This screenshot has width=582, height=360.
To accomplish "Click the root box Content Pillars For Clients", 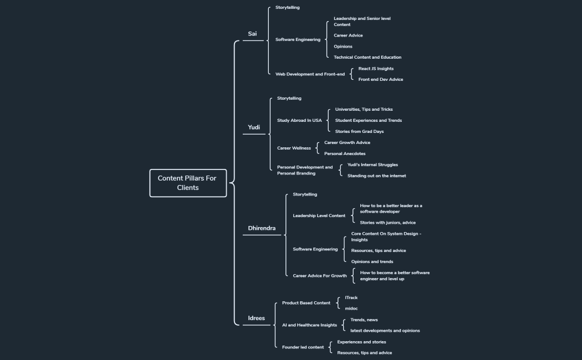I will click(188, 183).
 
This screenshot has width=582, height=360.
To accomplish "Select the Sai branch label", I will click(252, 34).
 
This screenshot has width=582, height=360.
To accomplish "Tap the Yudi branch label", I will click(254, 127).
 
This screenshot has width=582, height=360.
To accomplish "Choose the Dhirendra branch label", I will click(262, 228).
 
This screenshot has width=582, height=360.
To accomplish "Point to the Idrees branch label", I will click(256, 318).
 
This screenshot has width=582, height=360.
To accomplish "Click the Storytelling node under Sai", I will click(288, 8).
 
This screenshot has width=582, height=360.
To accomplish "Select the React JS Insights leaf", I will click(376, 69).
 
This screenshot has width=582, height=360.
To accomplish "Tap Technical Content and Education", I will click(367, 57).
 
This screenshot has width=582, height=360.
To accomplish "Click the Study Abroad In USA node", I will click(299, 120).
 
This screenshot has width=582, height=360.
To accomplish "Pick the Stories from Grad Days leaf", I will click(359, 131).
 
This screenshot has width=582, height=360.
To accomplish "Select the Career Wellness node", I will click(294, 148).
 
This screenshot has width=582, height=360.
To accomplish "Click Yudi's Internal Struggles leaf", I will click(372, 164).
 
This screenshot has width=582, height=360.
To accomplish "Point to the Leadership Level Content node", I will click(319, 215).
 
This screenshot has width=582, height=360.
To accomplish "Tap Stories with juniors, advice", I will click(387, 223).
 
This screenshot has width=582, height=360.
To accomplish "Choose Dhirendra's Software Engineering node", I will click(315, 249).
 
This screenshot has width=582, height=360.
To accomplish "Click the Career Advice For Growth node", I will click(320, 275).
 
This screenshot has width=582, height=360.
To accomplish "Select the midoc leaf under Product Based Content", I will click(351, 308).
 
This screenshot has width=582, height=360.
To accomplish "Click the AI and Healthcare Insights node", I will click(309, 325).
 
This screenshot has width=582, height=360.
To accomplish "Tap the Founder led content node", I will click(303, 347).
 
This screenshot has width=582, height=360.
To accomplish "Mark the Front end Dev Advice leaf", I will click(381, 79).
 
